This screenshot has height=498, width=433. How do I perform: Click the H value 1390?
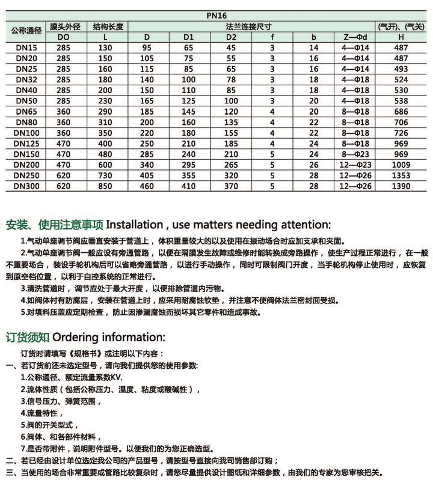click(x=401, y=187)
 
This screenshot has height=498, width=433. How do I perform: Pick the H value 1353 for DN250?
click(x=401, y=176)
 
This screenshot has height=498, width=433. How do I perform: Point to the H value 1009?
click(x=401, y=165)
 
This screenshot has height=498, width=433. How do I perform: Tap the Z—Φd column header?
click(x=351, y=37)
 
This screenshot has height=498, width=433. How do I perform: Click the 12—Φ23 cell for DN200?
click(x=351, y=165)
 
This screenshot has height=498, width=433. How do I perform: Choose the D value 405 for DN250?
click(x=147, y=176)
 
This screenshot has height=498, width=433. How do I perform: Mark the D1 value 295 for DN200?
click(x=189, y=165)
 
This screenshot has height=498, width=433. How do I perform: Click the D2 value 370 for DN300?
click(x=231, y=187)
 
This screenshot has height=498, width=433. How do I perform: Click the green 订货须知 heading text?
click(x=28, y=335)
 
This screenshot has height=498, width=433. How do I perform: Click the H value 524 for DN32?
click(x=401, y=79)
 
